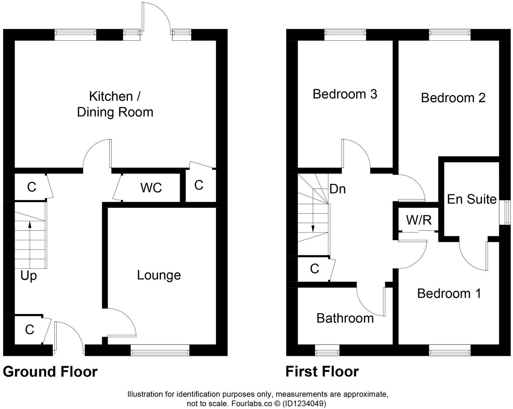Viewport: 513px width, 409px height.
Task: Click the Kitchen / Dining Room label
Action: pyautogui.click(x=115, y=104)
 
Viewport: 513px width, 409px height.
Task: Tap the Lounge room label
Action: pyautogui.click(x=159, y=275)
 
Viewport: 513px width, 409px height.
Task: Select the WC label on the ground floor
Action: pyautogui.click(x=151, y=188)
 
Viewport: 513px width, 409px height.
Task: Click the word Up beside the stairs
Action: pyautogui.click(x=28, y=276)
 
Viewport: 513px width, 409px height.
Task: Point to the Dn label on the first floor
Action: pyautogui.click(x=337, y=189)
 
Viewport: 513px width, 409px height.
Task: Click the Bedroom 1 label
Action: pyautogui.click(x=449, y=293)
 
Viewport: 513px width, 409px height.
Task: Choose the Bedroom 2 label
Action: pyautogui.click(x=453, y=98)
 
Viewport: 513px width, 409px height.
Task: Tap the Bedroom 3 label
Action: pyautogui.click(x=345, y=94)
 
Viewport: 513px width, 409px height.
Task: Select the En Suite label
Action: pyautogui.click(x=472, y=199)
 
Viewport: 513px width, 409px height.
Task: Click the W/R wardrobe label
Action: pyautogui.click(x=419, y=220)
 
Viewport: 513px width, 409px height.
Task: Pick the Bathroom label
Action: pyautogui.click(x=345, y=318)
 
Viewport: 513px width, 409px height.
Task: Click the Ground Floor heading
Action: pyautogui.click(x=50, y=372)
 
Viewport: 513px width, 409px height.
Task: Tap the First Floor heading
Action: pyautogui.click(x=322, y=372)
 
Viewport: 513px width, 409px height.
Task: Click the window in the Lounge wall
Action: pyautogui.click(x=160, y=352)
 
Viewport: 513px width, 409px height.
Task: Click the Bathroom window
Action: pyautogui.click(x=327, y=352)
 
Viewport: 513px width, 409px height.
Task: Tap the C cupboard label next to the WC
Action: pyautogui.click(x=199, y=185)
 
